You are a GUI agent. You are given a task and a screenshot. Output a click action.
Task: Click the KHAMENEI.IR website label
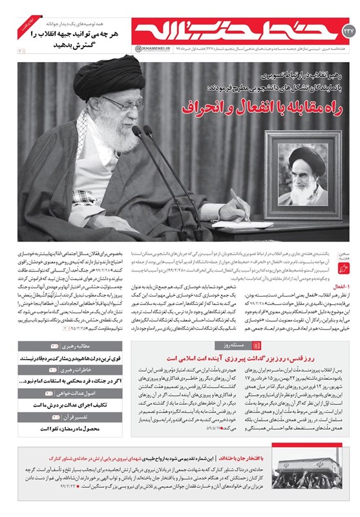pyautogui.click(x=150, y=47)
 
